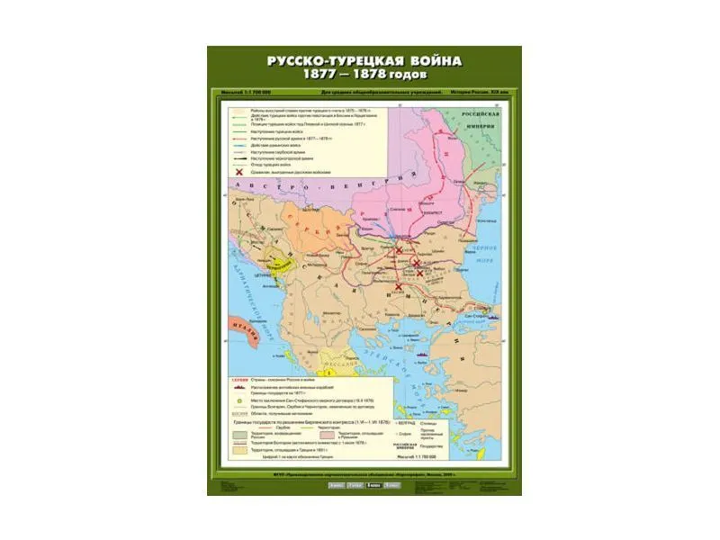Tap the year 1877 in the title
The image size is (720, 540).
(327, 76)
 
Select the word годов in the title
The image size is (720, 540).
(418, 76)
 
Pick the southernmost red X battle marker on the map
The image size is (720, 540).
(398, 287)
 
